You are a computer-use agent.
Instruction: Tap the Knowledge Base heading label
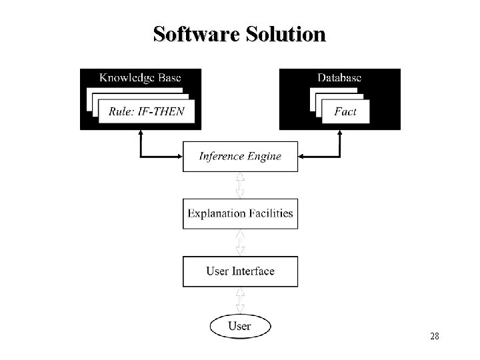[140, 77]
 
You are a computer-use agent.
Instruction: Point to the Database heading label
[339, 77]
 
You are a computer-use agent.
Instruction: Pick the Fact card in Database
[345, 111]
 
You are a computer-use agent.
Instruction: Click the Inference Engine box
[240, 157]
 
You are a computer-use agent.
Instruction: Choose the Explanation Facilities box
[240, 214]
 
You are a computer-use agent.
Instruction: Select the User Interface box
[240, 271]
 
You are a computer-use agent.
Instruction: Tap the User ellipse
[240, 326]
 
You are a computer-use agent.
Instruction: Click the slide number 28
[434, 337]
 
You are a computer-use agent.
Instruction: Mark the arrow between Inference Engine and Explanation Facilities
[240, 185]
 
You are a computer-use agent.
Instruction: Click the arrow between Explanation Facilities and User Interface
[240, 243]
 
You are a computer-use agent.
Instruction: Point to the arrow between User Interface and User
[240, 301]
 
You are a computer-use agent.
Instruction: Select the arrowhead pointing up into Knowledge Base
[141, 133]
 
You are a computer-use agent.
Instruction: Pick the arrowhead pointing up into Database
[339, 133]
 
